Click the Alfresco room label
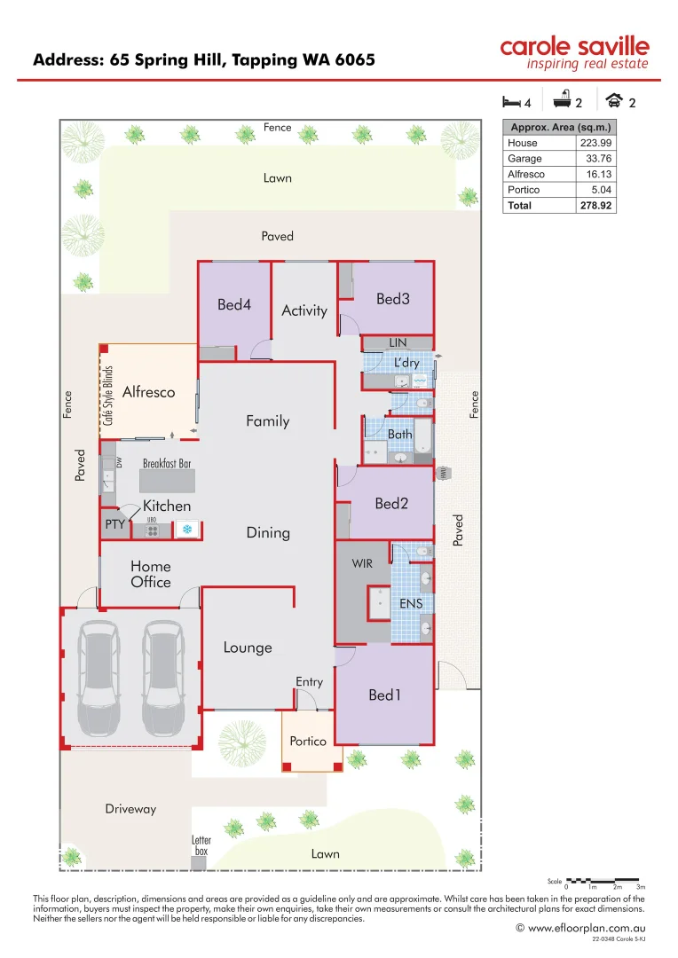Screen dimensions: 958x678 (x=148, y=392)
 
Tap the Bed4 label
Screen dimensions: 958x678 (x=234, y=305)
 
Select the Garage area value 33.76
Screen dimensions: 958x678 (x=596, y=159)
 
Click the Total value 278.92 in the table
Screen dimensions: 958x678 (x=596, y=206)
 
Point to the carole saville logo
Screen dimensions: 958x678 (x=574, y=52)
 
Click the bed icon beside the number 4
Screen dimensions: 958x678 (x=511, y=101)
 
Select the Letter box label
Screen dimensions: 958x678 (x=201, y=845)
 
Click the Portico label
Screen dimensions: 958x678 (x=308, y=742)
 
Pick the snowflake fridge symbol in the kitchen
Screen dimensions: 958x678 (x=187, y=530)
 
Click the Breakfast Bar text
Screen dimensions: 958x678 (x=167, y=464)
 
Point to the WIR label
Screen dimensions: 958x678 (x=362, y=564)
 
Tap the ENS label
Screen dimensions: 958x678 (x=411, y=604)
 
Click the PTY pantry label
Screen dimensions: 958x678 (x=114, y=524)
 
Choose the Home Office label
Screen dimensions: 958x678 (x=151, y=574)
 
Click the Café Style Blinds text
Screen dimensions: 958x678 (x=108, y=396)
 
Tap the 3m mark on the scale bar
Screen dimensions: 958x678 (x=640, y=887)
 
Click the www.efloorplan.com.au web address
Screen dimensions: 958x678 (x=586, y=928)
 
